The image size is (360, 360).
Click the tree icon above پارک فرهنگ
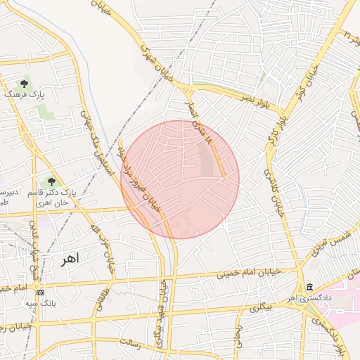(24, 84)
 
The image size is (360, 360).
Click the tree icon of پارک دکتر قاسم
(52, 182)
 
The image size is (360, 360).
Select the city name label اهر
(71, 258)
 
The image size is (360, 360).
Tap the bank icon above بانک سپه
(40, 292)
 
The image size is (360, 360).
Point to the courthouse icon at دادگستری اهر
(310, 287)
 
